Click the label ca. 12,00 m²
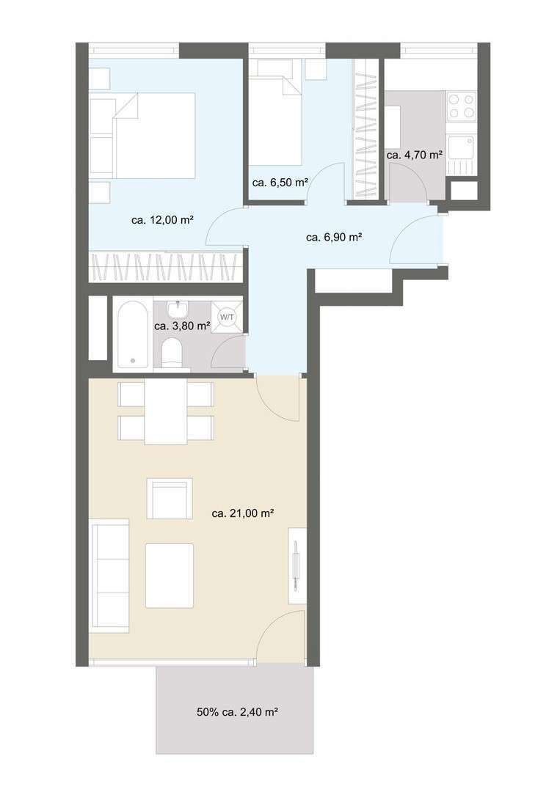click(x=162, y=219)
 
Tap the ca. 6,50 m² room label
click(x=279, y=183)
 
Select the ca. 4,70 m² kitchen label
click(x=415, y=155)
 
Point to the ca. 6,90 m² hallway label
click(x=334, y=237)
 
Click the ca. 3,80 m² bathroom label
click(x=182, y=326)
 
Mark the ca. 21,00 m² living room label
click(x=242, y=514)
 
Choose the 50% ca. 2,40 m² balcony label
click(x=241, y=711)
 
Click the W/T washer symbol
click(x=227, y=317)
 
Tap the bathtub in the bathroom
click(x=133, y=334)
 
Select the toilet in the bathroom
click(x=172, y=352)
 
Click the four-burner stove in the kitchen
click(x=462, y=106)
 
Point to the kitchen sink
click(x=462, y=147)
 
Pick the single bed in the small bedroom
click(x=275, y=117)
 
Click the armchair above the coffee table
click(x=170, y=499)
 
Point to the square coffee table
click(x=170, y=576)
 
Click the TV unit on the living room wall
click(x=297, y=565)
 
